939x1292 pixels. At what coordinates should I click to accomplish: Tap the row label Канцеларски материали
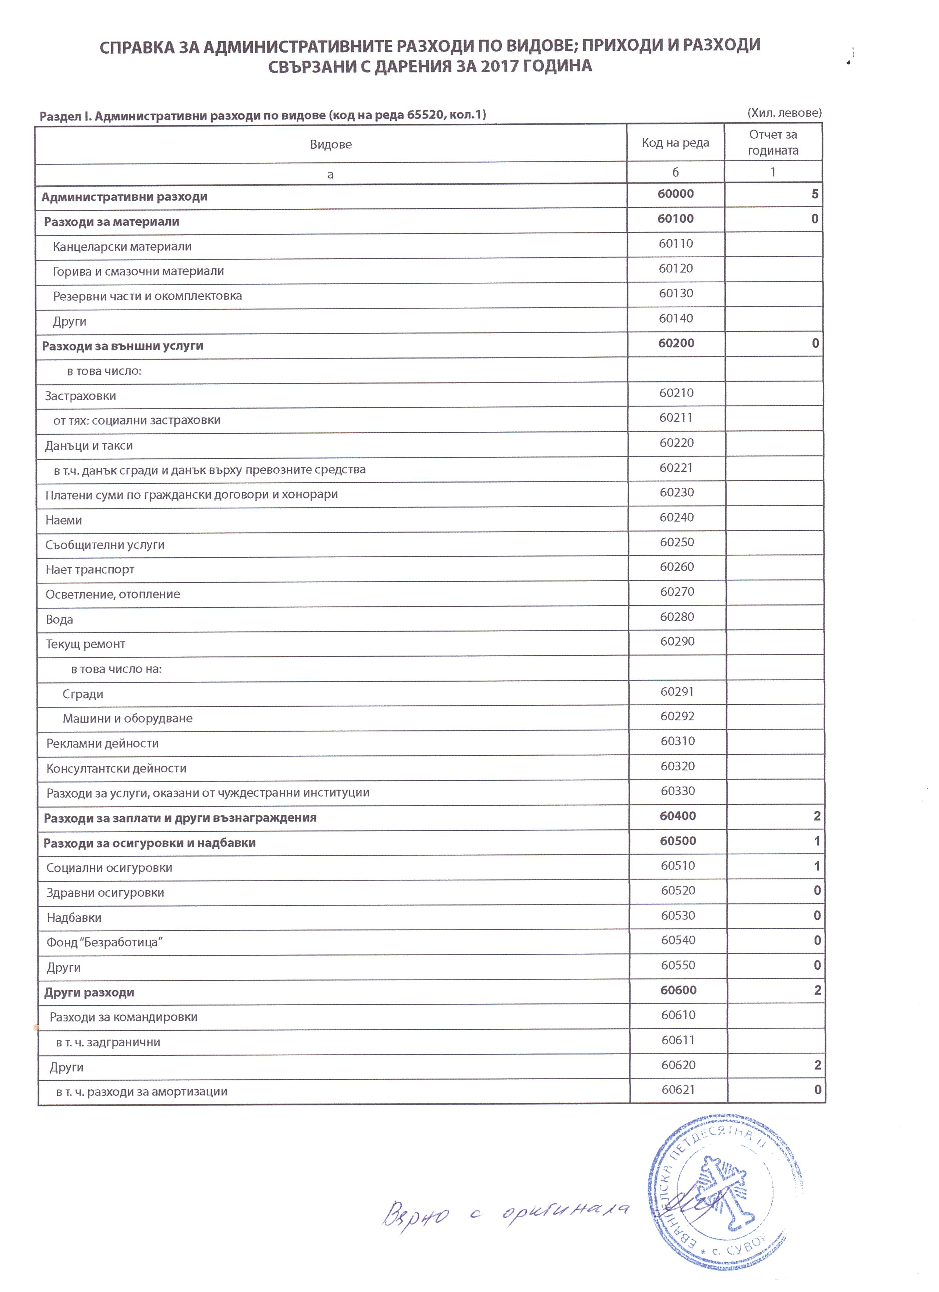point(122,247)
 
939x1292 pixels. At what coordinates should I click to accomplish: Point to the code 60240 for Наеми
point(677,517)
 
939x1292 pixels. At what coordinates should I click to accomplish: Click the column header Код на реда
point(675,143)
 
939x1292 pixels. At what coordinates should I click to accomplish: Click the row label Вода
point(59,619)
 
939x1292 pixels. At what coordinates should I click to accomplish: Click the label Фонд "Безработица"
point(104,942)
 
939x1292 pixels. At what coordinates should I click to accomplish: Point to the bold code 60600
point(678,990)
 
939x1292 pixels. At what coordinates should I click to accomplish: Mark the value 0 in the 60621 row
point(818,1090)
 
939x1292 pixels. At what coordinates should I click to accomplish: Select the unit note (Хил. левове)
point(784,113)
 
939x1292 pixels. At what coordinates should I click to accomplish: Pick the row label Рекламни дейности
point(103,744)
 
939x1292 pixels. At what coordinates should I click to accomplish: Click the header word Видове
point(331,144)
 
